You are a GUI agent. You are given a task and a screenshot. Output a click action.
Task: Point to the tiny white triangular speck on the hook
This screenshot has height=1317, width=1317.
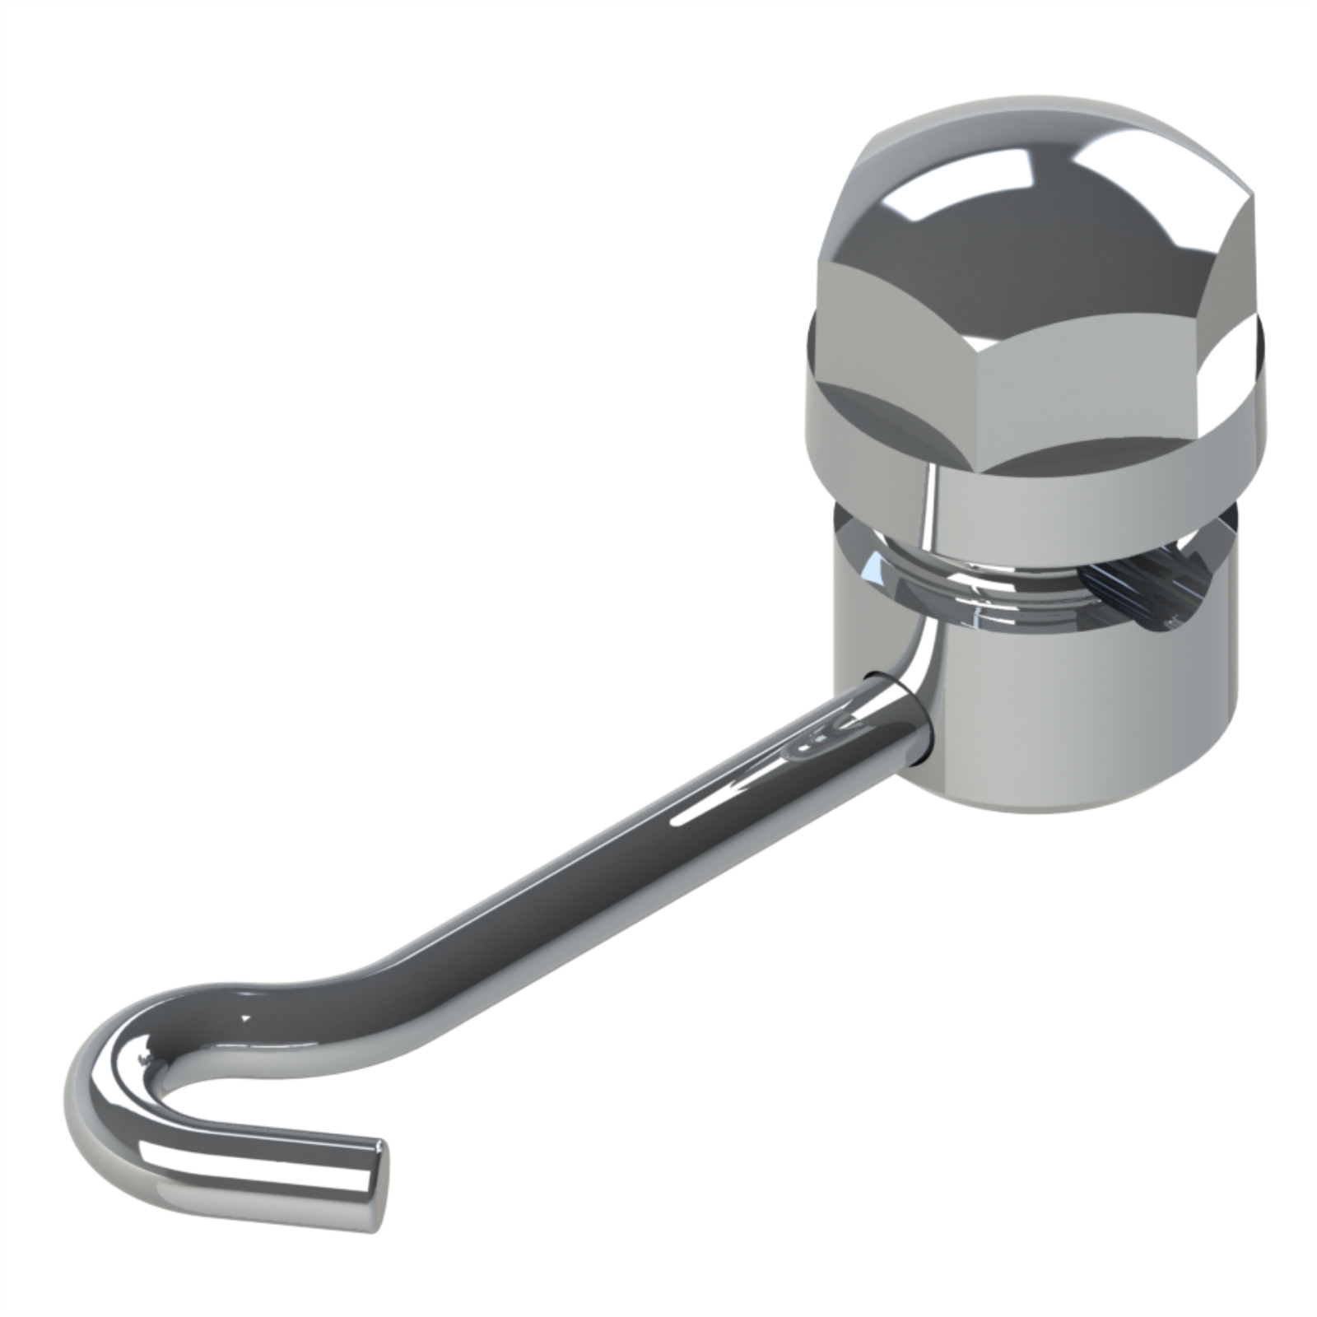(x=244, y=1019)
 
